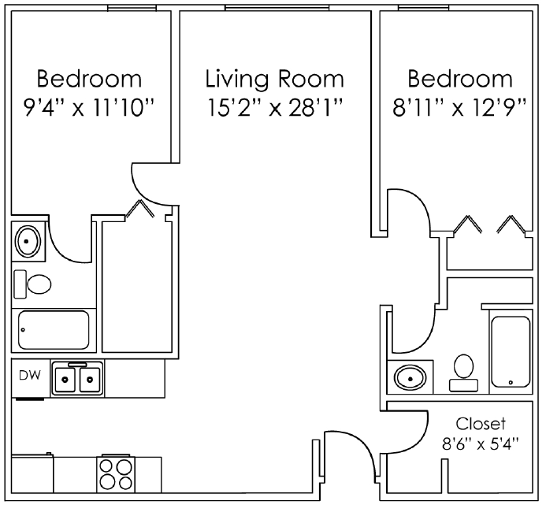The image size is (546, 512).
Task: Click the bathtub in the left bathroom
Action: click(53, 332)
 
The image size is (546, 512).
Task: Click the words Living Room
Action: click(274, 79)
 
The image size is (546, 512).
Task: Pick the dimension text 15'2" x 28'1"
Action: click(274, 106)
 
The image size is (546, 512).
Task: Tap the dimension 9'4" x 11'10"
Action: click(88, 106)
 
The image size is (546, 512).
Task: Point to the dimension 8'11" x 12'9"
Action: click(459, 106)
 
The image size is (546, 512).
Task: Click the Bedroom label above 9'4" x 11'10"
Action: click(89, 79)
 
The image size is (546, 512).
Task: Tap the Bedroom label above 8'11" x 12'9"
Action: click(459, 79)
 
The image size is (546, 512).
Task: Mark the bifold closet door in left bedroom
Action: click(140, 207)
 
